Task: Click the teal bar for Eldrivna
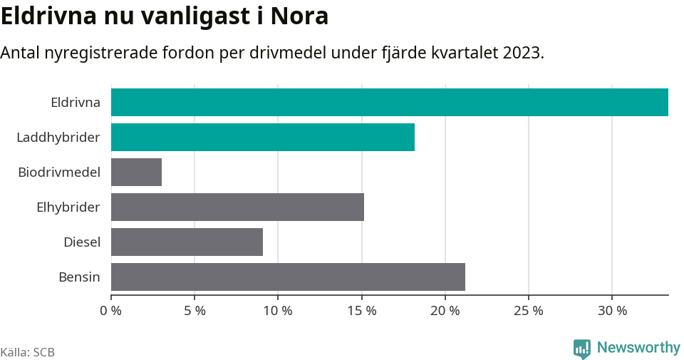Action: click(389, 102)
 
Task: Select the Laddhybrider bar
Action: click(262, 137)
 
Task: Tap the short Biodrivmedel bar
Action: click(136, 172)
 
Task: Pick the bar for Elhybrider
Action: click(237, 207)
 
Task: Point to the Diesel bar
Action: click(187, 242)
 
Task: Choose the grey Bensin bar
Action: click(288, 277)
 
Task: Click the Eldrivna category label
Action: click(76, 102)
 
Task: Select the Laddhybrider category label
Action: click(58, 137)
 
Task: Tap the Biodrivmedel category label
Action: click(59, 172)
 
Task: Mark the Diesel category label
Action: click(82, 242)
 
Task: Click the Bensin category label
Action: click(79, 277)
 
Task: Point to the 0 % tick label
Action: click(111, 311)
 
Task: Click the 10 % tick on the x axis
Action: click(278, 311)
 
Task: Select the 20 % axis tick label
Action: click(445, 311)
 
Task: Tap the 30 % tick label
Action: click(612, 311)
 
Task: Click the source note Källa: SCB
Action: click(28, 352)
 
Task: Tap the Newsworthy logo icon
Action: click(581, 349)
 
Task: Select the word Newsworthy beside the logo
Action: click(638, 348)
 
